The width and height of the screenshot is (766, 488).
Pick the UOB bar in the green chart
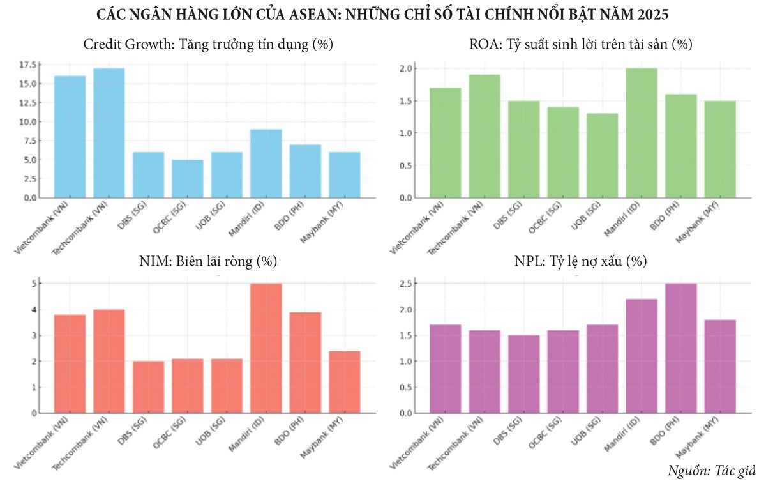[x=602, y=155]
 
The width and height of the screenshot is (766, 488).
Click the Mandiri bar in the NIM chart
[x=266, y=348]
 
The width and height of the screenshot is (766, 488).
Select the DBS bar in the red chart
[x=148, y=387]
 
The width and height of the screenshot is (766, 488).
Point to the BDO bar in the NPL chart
[x=681, y=348]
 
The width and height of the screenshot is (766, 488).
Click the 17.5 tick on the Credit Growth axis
[x=29, y=65]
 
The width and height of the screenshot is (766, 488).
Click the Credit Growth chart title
[x=208, y=45]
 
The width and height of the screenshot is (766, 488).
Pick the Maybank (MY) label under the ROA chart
[x=705, y=224]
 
